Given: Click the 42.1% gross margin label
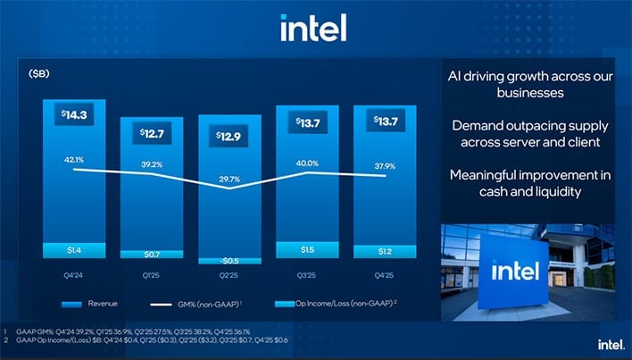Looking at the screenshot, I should pyautogui.click(x=72, y=160).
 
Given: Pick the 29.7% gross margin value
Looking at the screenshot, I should pyautogui.click(x=229, y=179).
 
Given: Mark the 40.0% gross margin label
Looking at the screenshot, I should pyautogui.click(x=308, y=163).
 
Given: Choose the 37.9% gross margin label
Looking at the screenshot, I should pyautogui.click(x=386, y=164).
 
